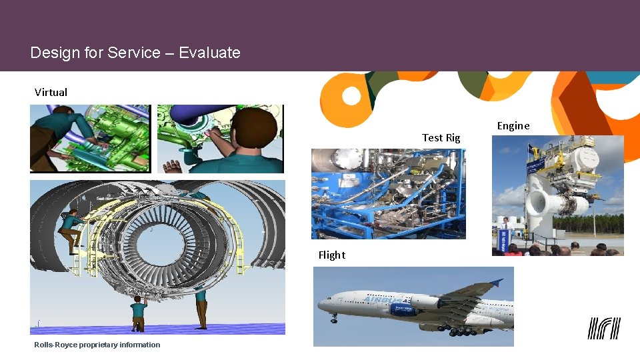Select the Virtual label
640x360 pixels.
click(x=51, y=92)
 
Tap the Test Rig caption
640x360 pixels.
click(x=441, y=137)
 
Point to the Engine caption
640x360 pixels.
click(x=513, y=125)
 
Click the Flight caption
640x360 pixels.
click(x=331, y=255)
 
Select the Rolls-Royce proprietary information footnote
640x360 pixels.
click(x=97, y=345)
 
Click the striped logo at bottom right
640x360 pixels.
click(x=603, y=328)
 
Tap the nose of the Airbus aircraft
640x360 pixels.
click(x=321, y=306)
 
